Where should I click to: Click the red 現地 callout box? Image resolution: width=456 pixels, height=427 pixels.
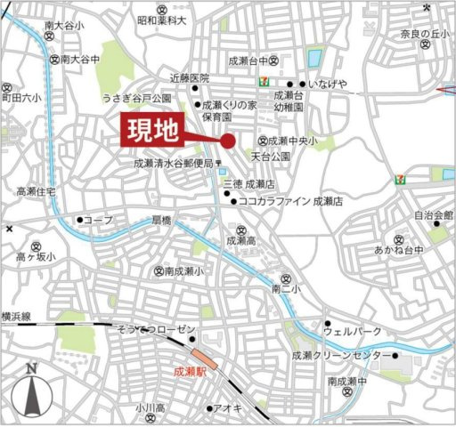(x=151, y=131)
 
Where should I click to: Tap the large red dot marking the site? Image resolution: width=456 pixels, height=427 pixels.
(x=228, y=140)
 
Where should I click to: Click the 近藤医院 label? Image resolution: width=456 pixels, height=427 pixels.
(x=189, y=78)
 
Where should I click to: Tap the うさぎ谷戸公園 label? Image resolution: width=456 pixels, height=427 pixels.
(x=136, y=98)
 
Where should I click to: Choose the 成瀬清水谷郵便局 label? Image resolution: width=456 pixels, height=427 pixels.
(x=174, y=163)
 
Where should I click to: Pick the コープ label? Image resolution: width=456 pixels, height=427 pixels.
(x=98, y=219)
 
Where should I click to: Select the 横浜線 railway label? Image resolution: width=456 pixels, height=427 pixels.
(x=15, y=316)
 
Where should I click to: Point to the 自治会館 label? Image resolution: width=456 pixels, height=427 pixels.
(x=434, y=214)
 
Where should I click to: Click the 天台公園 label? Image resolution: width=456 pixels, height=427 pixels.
(x=271, y=156)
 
